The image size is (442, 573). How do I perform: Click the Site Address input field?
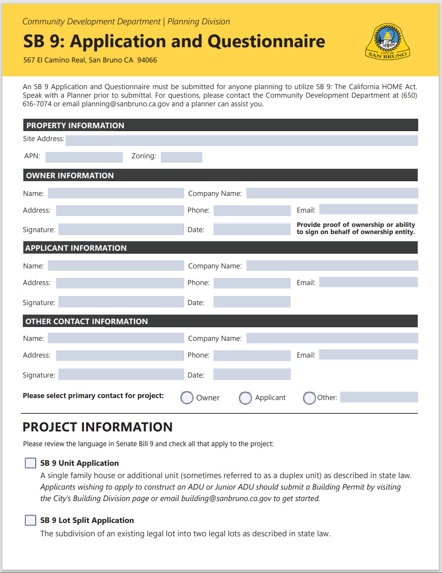[x=242, y=140]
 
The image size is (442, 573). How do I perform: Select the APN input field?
[x=84, y=157]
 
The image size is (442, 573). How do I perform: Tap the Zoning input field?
[x=181, y=157]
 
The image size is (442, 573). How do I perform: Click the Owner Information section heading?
[x=70, y=175]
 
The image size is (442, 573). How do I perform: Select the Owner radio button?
[x=187, y=398]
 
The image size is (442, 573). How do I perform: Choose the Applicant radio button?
[x=246, y=398]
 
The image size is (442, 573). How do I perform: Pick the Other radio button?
[x=309, y=398]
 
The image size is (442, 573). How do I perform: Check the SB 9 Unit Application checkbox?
[x=30, y=463]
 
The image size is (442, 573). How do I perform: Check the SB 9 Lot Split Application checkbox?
[x=30, y=520]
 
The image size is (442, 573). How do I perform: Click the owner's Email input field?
[x=368, y=209]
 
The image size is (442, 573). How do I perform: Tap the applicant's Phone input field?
[x=252, y=283]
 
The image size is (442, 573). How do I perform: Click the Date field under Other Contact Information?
[x=252, y=374]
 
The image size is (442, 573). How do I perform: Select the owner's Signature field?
[x=121, y=229]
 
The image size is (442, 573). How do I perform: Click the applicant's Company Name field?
[x=332, y=266]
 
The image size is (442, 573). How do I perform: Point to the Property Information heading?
[x=75, y=125]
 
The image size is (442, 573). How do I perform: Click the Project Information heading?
[x=98, y=427]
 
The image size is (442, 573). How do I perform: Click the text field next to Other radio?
[x=379, y=397]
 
